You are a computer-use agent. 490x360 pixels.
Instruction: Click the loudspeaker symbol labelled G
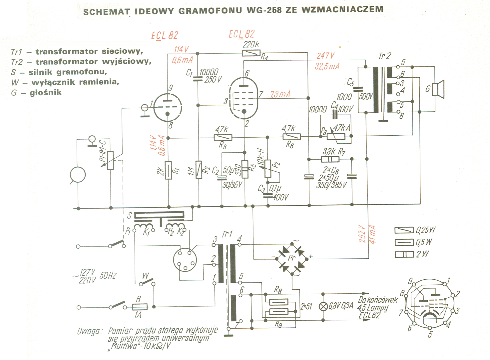[x=438, y=89]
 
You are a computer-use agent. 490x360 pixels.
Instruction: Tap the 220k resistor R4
[x=251, y=53]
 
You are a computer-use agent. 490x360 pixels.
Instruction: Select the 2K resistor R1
[x=168, y=170]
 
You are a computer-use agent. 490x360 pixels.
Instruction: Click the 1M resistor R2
[x=199, y=170]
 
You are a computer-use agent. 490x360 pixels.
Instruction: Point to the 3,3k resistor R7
[x=330, y=159]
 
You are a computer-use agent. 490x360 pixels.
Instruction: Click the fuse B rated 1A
[x=140, y=307]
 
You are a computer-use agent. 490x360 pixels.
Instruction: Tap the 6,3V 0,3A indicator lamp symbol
[x=323, y=307]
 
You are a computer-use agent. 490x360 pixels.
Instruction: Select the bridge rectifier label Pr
[x=291, y=258]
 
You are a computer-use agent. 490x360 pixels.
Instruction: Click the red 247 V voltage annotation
[x=325, y=56]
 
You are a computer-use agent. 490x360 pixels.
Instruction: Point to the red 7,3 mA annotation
[x=280, y=94]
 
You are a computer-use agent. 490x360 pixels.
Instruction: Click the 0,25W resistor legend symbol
[x=404, y=230]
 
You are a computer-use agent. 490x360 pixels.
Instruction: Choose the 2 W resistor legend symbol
[x=404, y=255]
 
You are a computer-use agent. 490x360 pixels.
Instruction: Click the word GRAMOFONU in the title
[x=210, y=11]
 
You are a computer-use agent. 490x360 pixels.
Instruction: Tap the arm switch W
[x=147, y=282]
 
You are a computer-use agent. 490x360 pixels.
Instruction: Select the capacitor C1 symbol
[x=198, y=79]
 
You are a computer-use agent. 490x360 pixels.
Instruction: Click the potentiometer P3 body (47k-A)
[x=336, y=137]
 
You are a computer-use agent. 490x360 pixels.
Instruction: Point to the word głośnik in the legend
[x=46, y=93]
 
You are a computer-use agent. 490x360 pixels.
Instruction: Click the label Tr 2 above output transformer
[x=384, y=56]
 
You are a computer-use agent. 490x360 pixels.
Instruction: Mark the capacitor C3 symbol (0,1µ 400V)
[x=268, y=196]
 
